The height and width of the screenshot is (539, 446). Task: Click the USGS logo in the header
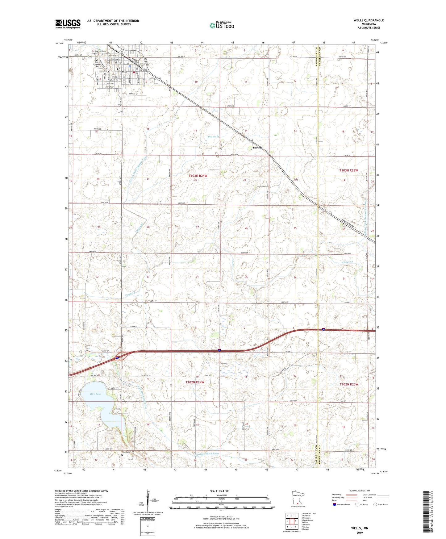click(68, 23)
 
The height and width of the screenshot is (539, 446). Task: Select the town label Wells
click(123, 72)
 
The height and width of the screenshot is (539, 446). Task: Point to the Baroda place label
click(257, 148)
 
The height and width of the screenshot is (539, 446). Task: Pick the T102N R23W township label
click(349, 384)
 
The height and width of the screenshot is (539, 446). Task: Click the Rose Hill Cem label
click(100, 51)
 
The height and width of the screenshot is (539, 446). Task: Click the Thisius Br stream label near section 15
click(213, 136)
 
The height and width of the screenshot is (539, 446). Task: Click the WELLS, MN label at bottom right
click(360, 528)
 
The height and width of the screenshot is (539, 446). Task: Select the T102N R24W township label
click(195, 382)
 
